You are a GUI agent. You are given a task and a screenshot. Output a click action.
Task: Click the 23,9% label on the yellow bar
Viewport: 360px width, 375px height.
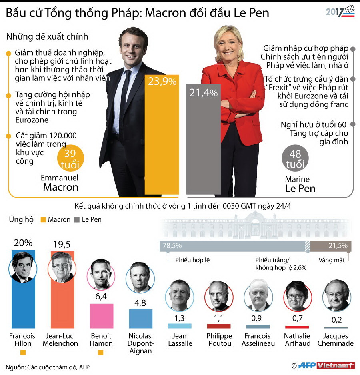tap(162, 82)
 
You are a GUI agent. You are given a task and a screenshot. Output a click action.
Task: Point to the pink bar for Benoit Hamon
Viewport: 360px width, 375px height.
tap(101, 316)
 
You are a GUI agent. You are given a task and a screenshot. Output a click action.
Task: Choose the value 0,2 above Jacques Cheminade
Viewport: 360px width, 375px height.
tap(336, 320)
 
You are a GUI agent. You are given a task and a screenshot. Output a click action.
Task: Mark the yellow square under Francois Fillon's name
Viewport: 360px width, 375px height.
tap(23, 353)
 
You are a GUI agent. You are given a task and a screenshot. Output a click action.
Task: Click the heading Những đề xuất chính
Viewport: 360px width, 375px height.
tap(47, 37)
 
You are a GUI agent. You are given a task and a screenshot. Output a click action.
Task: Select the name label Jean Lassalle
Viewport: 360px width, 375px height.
tap(180, 340)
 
